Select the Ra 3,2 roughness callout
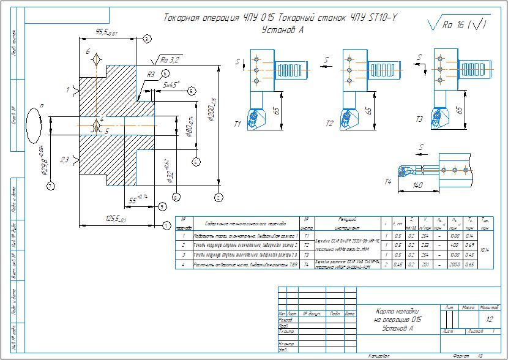(170, 60)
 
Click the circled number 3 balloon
(147, 39)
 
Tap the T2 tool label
(329, 124)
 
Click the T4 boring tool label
(387, 182)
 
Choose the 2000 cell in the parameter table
(453, 264)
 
